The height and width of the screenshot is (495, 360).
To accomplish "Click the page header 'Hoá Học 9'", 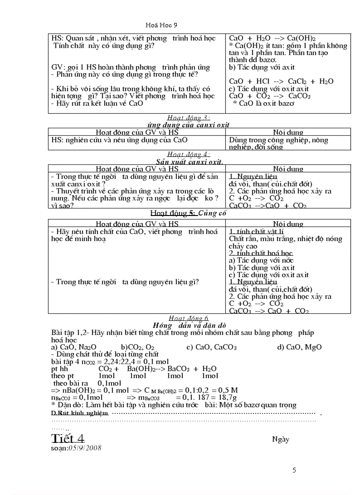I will [x=161, y=26].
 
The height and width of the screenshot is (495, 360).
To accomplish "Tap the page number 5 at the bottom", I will [x=294, y=470].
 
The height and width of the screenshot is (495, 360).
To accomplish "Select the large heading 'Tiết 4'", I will [x=68, y=439].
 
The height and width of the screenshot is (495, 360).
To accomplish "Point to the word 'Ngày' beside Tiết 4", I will [x=281, y=439].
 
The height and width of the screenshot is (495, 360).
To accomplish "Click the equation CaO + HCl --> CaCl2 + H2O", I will [x=281, y=82].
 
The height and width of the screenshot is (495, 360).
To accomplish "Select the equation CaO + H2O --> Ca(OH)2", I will [x=272, y=39].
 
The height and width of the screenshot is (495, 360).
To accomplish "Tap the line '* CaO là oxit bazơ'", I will [x=263, y=103].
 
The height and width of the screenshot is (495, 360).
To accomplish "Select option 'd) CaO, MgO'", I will [x=299, y=347].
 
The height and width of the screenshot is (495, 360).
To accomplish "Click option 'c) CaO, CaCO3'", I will [x=211, y=347].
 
